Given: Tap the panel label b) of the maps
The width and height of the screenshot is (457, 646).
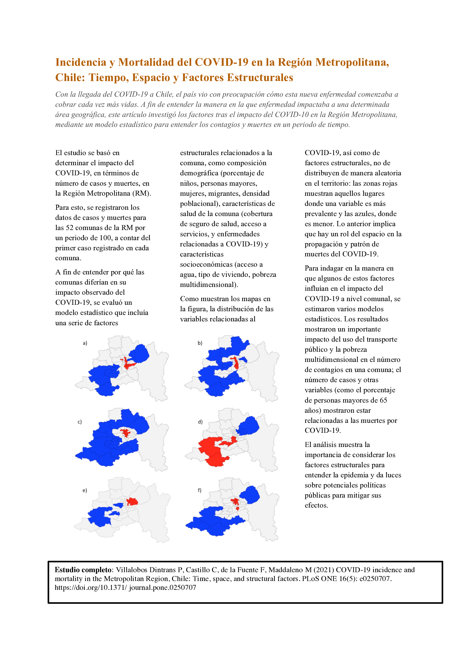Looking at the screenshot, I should [200, 343].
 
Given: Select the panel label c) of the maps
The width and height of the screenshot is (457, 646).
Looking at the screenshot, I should [80, 422].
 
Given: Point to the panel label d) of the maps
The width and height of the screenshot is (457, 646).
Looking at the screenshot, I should [200, 422].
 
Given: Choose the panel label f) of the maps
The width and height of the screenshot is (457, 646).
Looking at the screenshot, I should [200, 490].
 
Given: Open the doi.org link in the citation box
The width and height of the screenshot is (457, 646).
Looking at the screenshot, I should [125, 587].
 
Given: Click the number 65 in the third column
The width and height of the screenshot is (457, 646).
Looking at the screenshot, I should [383, 400].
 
